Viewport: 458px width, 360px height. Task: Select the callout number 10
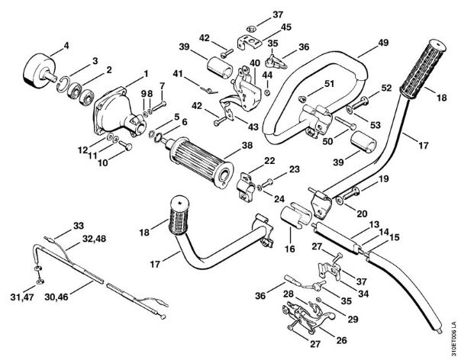pos(102,162)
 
